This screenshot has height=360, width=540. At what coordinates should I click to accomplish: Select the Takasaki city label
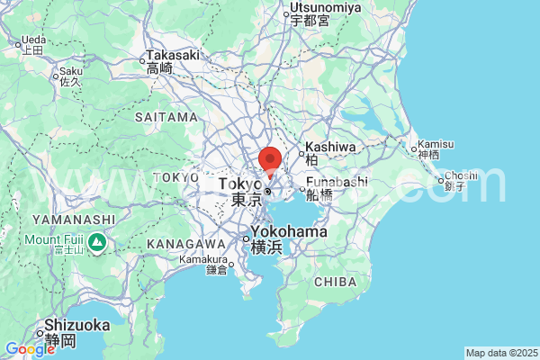click(x=172, y=55)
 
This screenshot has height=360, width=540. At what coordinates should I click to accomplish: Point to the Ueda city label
click(x=32, y=40)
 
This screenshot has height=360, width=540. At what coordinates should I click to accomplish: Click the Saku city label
click(x=70, y=71)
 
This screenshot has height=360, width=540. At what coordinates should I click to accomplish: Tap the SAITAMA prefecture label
click(x=166, y=117)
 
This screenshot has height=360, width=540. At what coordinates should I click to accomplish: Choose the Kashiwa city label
click(x=330, y=147)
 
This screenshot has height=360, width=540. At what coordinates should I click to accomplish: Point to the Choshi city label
click(x=460, y=175)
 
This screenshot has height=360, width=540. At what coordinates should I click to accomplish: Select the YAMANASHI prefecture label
click(x=73, y=219)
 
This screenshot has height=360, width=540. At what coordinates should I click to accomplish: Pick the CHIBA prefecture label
click(x=335, y=283)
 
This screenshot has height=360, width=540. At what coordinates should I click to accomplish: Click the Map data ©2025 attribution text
click(x=501, y=353)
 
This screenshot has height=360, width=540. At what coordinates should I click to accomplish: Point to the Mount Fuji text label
click(x=54, y=239)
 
